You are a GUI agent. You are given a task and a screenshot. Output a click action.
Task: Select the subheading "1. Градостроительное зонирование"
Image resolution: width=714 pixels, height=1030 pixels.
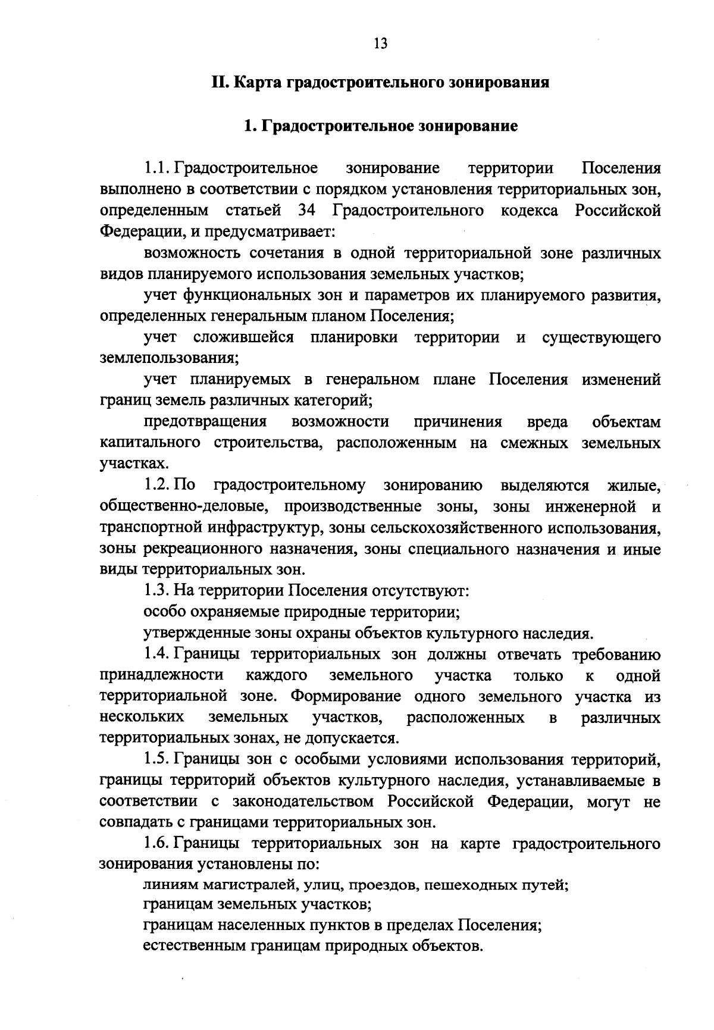click(381, 126)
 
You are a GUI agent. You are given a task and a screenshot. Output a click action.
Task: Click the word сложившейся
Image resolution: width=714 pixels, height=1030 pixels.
click(243, 337)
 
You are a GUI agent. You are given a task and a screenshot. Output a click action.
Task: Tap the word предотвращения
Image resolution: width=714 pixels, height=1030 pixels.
click(205, 422)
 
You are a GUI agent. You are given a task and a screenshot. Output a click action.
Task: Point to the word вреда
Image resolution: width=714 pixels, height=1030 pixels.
click(547, 422)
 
